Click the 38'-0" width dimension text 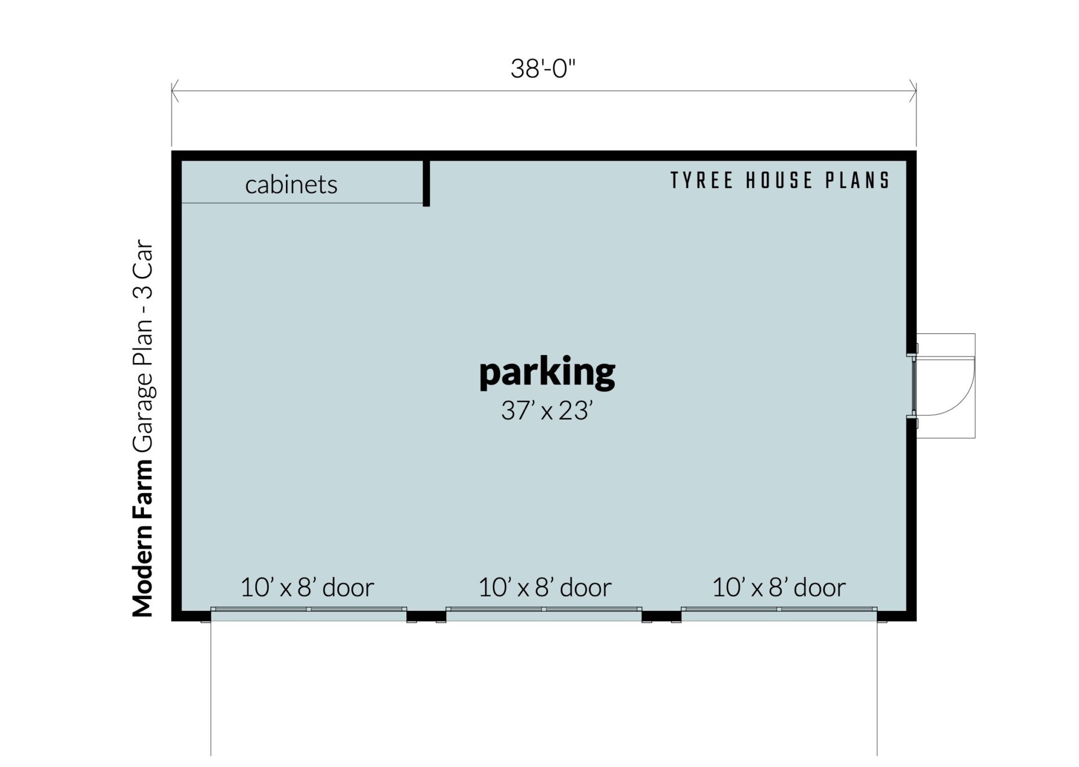point(543,69)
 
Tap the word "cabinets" point(291,184)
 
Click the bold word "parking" point(547,373)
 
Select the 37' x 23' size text point(547,411)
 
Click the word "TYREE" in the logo point(702,180)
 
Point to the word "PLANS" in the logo point(857,180)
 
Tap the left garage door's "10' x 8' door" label point(307,587)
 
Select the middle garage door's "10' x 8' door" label point(545,587)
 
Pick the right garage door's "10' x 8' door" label point(779,587)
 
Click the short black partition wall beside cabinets point(427,183)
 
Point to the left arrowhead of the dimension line point(175,91)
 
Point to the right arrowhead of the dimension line point(913,91)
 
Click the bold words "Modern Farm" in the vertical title point(143,538)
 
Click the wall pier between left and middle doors point(426,616)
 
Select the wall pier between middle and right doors point(661,616)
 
